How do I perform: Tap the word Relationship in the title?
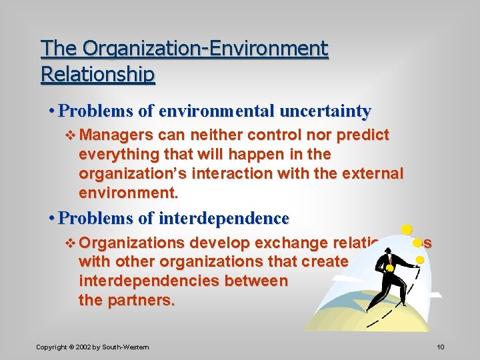pos(97,73)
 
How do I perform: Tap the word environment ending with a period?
pos(128,193)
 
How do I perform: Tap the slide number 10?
pos(440,347)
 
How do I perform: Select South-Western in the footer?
pos(127,347)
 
